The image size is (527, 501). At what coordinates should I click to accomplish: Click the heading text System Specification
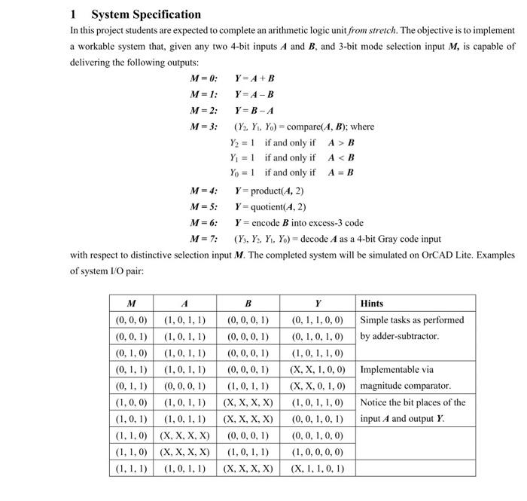click(146, 14)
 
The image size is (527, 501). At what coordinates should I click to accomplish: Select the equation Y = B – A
click(254, 110)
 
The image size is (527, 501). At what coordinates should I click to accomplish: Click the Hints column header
click(372, 304)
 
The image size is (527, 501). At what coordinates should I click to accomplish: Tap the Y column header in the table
click(318, 304)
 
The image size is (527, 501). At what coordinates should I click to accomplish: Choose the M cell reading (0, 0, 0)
click(131, 320)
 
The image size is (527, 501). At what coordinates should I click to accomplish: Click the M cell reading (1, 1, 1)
click(131, 468)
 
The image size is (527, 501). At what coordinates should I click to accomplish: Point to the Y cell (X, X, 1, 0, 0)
click(318, 370)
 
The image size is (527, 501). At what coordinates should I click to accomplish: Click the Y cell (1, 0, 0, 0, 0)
click(318, 452)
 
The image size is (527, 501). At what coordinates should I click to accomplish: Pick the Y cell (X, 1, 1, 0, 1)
click(318, 468)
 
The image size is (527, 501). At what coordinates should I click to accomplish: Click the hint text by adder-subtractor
click(399, 336)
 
